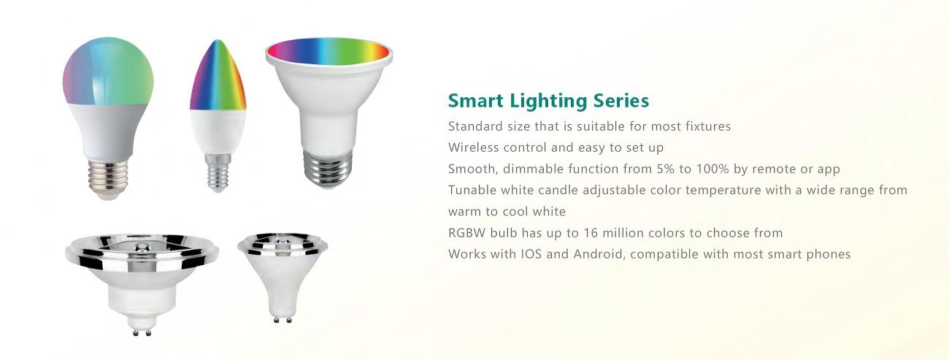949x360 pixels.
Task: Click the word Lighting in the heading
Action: click(x=548, y=102)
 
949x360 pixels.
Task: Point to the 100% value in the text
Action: click(x=712, y=169)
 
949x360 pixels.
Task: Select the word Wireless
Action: click(x=473, y=148)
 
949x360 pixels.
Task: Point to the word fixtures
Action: click(x=710, y=126)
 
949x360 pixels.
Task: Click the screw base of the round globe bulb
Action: click(x=108, y=178)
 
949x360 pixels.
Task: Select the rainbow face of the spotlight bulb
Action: click(x=328, y=51)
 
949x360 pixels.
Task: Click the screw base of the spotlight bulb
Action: click(x=328, y=169)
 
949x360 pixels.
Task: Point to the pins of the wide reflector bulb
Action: click(x=142, y=332)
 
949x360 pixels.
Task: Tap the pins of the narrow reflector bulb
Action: click(x=283, y=319)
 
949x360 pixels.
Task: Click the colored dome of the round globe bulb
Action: click(x=108, y=72)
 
